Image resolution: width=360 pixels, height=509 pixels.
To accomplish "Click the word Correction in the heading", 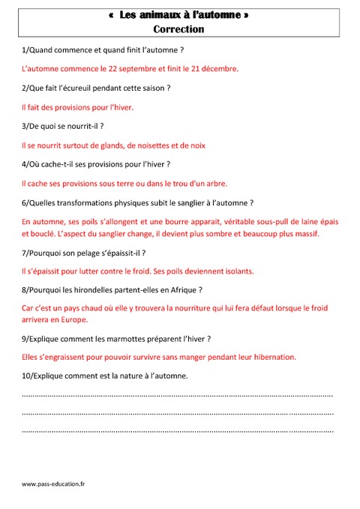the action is point(178,29).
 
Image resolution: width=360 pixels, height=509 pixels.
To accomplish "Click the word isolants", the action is point(236,271).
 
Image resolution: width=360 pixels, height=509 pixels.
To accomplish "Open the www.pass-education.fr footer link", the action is point(53,484).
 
